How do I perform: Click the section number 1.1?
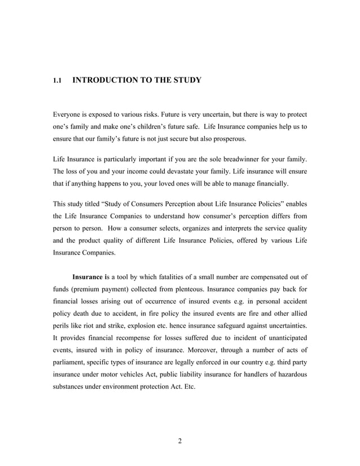point(56,81)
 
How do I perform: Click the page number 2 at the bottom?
point(179,441)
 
